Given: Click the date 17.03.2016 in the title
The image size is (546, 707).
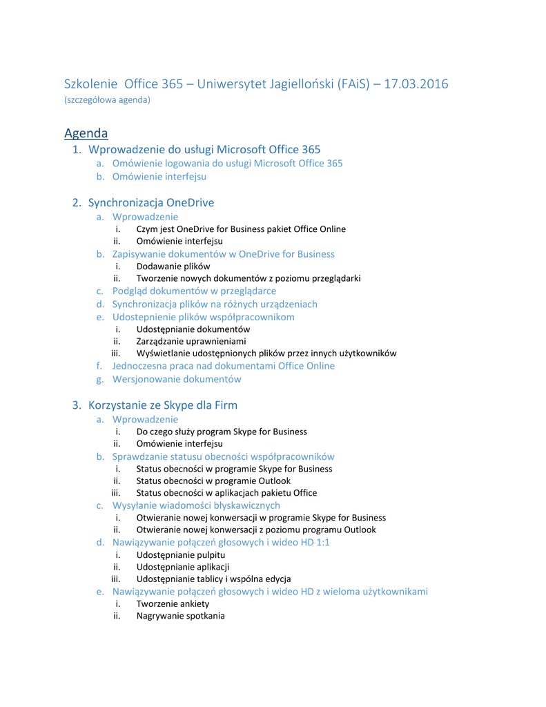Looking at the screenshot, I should point(416,84).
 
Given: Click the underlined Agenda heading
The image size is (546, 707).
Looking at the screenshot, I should point(86,133).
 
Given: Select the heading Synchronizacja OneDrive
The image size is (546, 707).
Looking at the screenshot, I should point(151,202).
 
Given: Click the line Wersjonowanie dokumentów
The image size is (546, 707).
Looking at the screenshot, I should point(177,379).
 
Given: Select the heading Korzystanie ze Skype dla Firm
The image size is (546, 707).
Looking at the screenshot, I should point(163,405).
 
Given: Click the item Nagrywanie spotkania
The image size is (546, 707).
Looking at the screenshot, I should point(180,616).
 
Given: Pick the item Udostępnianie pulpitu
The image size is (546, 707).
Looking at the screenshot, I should point(181,554).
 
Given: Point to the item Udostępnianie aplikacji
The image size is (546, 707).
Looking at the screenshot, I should point(183,567).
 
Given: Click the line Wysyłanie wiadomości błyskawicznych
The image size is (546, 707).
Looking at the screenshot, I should point(196,505).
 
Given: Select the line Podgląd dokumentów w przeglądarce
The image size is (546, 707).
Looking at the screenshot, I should point(194,291).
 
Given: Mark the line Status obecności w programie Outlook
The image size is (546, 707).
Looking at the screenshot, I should point(213,481).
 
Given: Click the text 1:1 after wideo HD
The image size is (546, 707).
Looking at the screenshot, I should point(322,542).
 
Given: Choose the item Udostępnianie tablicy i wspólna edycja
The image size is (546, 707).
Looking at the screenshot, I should point(213,579).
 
